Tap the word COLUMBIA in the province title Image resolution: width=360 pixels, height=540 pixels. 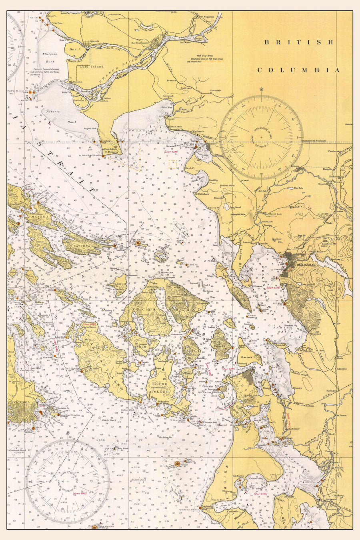[298, 70]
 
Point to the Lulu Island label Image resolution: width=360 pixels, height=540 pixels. [94, 67]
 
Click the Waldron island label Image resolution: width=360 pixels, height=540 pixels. [120, 283]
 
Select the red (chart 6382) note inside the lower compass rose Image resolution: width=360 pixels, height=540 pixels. [80, 494]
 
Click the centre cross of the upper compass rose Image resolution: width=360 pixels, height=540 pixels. [261, 137]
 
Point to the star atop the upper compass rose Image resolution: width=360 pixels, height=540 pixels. [261, 89]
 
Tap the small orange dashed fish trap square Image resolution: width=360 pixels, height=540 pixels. [173, 164]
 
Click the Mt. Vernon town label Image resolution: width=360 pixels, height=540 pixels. [341, 427]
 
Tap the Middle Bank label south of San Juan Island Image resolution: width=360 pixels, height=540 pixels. [108, 420]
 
